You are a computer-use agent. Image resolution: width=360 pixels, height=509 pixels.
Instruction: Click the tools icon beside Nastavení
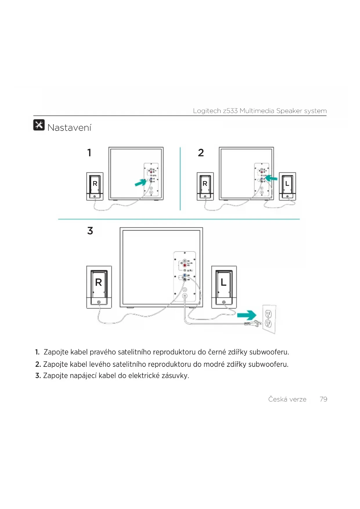click(x=39, y=125)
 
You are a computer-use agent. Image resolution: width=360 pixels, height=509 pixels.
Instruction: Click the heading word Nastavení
click(x=69, y=127)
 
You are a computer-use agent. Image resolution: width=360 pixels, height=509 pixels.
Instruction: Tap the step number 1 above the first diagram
click(x=89, y=153)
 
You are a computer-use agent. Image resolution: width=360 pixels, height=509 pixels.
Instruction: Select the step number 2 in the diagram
click(x=201, y=153)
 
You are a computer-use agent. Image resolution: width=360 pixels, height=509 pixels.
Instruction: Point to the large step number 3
click(x=90, y=231)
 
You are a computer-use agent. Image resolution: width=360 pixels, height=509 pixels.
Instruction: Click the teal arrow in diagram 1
click(x=141, y=183)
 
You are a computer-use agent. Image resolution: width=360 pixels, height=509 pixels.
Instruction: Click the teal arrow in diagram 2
click(x=271, y=178)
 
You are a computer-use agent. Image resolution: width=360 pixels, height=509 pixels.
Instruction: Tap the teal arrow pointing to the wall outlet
click(x=247, y=315)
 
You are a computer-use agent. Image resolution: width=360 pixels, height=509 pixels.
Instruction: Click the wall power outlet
click(x=269, y=319)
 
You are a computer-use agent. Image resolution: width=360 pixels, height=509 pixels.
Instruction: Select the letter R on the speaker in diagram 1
click(x=95, y=184)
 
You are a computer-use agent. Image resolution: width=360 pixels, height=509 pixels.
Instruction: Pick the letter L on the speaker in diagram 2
click(x=287, y=184)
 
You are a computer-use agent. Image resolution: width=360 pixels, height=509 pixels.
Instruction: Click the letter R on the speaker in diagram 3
click(x=99, y=282)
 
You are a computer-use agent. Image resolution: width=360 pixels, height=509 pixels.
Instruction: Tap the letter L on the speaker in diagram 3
click(x=223, y=282)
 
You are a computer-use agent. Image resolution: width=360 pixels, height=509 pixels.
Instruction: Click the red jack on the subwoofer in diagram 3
click(x=185, y=265)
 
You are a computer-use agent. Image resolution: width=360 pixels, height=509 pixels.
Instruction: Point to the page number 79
click(x=323, y=399)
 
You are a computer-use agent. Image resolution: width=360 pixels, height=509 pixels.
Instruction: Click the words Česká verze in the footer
click(x=287, y=399)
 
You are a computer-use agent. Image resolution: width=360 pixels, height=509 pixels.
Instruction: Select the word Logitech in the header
click(x=207, y=111)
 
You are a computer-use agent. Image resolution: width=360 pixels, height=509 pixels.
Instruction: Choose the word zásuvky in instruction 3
click(x=175, y=376)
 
